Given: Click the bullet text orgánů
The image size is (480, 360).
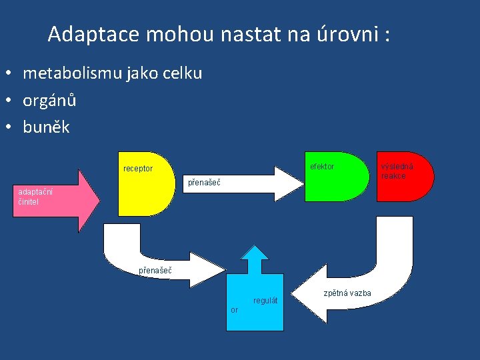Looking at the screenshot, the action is (x=49, y=101).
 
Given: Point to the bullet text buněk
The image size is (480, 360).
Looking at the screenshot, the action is (x=46, y=127).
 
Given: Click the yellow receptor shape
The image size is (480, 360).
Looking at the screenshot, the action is (x=145, y=193).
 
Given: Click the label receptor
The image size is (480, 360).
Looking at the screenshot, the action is (x=138, y=169).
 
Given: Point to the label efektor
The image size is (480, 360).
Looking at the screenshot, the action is (x=323, y=166).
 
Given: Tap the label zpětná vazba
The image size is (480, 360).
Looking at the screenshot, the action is (x=347, y=293).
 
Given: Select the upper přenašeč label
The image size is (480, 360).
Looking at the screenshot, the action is (x=203, y=182).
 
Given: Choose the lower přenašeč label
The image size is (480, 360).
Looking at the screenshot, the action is (x=155, y=271).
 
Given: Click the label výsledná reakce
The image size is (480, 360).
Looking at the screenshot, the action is (x=397, y=171).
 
